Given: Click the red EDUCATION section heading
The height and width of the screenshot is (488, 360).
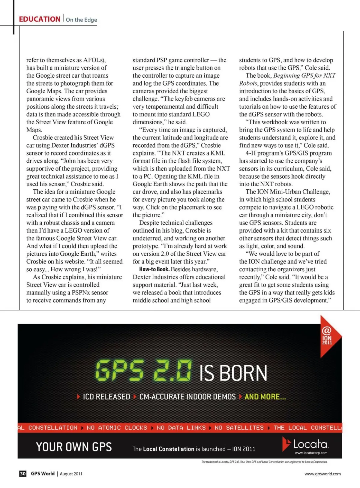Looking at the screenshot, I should point(40,19).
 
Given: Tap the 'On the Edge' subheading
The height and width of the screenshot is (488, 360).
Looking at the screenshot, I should point(81,20).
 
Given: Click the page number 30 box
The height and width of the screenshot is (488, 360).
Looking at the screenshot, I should point(23,474).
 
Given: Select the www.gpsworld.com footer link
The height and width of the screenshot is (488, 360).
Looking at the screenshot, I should point(322,474).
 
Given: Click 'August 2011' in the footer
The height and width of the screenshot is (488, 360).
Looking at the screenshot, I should point(71,474).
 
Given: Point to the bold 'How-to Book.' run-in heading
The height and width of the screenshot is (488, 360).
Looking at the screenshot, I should point(154,269).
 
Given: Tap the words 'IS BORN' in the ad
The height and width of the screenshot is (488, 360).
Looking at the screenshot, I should point(233,373).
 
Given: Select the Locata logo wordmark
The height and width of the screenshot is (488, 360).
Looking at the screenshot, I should point(310,444).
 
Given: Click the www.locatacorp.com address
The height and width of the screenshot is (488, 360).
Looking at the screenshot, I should point(311,453).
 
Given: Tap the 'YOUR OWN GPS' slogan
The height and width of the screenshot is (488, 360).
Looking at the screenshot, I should point(74,447).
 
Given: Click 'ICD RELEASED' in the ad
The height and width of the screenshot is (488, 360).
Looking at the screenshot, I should point(106,397).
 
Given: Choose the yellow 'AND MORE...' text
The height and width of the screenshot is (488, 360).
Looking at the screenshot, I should point(265,397).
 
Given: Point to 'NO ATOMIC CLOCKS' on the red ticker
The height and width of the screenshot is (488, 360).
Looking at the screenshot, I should point(117,428).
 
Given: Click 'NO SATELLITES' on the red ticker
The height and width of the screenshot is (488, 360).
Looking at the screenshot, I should point(239,428).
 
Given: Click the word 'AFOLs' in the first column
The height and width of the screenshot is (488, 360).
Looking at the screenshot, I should point(93,60).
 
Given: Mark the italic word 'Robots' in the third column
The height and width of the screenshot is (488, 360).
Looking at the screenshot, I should point(248,83).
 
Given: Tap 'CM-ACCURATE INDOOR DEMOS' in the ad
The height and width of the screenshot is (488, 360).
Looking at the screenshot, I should point(187,397).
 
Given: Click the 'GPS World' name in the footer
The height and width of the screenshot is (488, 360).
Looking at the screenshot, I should point(43,474).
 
